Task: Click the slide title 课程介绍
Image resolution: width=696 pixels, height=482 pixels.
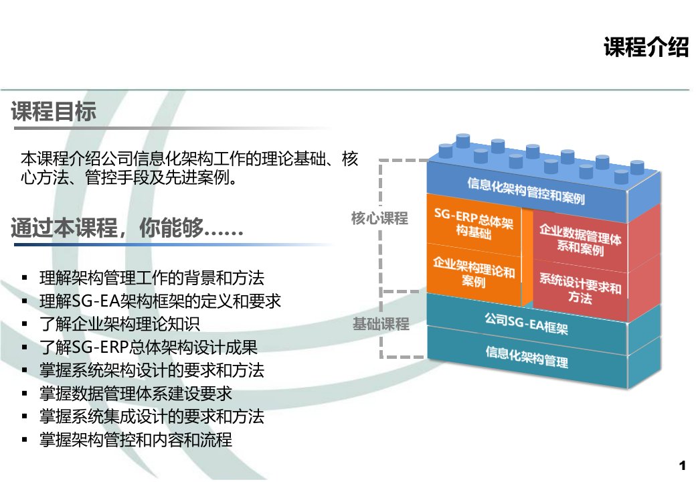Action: pos(646,47)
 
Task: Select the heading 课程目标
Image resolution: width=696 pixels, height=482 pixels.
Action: pos(54,111)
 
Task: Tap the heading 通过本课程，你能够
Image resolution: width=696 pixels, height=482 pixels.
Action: pos(127,228)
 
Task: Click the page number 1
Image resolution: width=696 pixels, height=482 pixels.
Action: pos(682,465)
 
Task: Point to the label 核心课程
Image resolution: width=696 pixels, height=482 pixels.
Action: pos(379,218)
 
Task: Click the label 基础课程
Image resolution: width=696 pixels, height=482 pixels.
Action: pos(381,324)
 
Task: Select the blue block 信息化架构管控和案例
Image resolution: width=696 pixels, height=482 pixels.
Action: pos(527,191)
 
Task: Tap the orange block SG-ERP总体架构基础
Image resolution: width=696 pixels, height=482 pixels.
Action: pos(474,223)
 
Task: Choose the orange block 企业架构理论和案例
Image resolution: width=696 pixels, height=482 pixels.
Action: pos(474,272)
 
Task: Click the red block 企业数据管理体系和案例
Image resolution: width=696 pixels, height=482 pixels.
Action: pos(580,240)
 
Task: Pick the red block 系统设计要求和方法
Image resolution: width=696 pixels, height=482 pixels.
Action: pos(580,289)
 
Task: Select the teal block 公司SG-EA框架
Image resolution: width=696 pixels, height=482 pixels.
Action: pos(527,323)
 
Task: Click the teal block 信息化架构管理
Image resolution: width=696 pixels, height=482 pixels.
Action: pos(527,357)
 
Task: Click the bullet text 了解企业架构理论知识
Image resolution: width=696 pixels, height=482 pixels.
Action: pos(120,324)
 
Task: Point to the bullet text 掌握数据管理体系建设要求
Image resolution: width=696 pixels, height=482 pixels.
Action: pos(136,393)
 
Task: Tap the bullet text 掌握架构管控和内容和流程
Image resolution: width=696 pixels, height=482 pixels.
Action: pos(136,439)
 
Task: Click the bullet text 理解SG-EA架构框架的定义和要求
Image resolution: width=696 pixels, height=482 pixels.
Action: pos(160,301)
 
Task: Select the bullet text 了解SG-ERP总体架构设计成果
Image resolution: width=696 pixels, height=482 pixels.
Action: pos(149,347)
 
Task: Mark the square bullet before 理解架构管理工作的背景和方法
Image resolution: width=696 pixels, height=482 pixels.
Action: pos(25,278)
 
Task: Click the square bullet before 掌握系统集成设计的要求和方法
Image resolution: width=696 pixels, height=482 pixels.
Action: pos(25,417)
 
